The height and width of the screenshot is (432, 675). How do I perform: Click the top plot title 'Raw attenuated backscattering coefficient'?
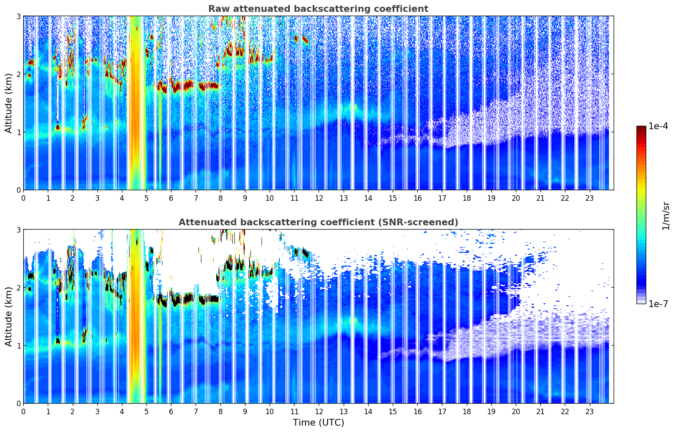point(318,9)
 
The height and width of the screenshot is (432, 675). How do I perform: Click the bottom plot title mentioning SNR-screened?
point(318,222)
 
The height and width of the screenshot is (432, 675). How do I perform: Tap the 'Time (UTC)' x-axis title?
point(318,423)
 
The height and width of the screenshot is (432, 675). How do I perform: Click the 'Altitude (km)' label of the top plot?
point(9,103)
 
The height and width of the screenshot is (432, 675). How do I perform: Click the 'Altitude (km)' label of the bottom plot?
point(9,316)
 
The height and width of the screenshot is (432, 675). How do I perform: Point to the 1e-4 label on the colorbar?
point(658,126)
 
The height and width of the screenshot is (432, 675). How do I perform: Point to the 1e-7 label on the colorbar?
point(658,304)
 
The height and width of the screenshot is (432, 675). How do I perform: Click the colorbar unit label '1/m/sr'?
point(666,216)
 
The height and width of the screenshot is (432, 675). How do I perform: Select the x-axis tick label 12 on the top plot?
point(319,198)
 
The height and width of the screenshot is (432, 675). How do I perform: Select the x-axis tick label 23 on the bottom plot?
point(590,412)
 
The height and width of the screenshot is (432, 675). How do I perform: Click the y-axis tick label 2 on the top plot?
point(18,74)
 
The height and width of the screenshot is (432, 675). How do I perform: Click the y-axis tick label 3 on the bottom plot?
point(18,230)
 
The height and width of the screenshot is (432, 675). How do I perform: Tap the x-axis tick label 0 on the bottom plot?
point(23,412)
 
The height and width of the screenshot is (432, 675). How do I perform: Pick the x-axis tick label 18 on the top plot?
point(466,198)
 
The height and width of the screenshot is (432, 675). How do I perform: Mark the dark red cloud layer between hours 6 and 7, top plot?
point(183,86)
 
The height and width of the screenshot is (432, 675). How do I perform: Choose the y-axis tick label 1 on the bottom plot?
point(18,346)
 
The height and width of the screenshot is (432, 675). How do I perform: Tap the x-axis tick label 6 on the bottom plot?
point(171,412)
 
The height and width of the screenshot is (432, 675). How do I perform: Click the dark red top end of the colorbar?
point(641,128)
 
